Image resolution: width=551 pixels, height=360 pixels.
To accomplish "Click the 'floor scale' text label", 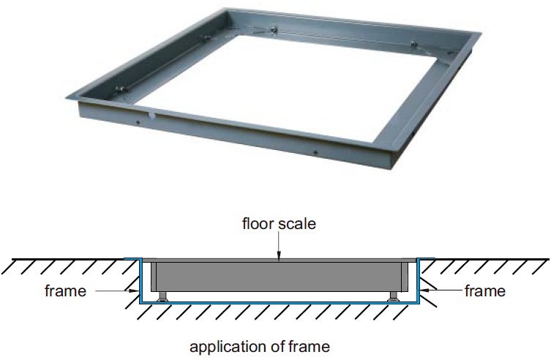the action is (x=279, y=224).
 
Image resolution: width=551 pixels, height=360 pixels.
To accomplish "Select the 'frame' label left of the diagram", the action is (x=65, y=290).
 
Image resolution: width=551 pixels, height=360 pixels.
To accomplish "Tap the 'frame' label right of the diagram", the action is (x=485, y=290).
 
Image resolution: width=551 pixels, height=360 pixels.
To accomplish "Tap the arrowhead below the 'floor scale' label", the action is (x=279, y=257).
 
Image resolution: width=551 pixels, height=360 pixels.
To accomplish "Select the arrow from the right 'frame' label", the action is (x=441, y=290).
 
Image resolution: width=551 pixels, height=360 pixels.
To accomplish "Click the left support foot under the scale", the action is (x=162, y=297).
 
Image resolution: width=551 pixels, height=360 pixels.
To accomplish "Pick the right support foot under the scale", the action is (x=393, y=297).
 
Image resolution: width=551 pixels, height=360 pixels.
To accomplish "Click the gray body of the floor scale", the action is (x=279, y=277).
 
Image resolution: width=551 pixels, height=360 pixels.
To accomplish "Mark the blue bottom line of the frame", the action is (x=279, y=302).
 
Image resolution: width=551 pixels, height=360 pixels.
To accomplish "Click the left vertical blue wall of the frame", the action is (x=140, y=281).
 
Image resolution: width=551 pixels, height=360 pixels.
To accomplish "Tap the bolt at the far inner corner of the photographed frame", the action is (x=274, y=29).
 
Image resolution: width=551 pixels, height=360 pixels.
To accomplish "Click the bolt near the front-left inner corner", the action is (x=121, y=90).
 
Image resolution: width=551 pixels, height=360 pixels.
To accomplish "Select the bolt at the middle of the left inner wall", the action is (x=205, y=38).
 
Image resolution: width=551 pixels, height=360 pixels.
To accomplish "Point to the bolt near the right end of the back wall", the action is (x=414, y=44).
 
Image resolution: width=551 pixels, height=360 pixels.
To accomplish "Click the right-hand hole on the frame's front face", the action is (x=315, y=152).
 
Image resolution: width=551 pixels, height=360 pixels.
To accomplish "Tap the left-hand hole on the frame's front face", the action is (x=138, y=122).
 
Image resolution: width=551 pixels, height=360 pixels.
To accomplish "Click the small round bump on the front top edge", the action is (x=151, y=114).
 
